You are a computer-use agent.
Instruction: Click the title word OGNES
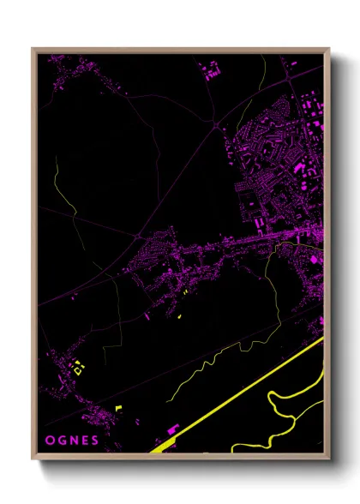72,441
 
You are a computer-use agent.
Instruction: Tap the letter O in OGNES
49,441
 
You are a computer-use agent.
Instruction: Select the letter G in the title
61,441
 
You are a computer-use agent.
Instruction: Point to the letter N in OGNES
73,441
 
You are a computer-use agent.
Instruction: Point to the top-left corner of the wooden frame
33,49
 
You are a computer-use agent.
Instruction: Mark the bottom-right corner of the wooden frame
329,459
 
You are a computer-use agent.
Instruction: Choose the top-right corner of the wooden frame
329,49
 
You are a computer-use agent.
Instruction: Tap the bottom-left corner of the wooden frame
33,459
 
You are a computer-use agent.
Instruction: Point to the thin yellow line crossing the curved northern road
55,180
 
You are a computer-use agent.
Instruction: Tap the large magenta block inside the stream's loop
316,257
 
